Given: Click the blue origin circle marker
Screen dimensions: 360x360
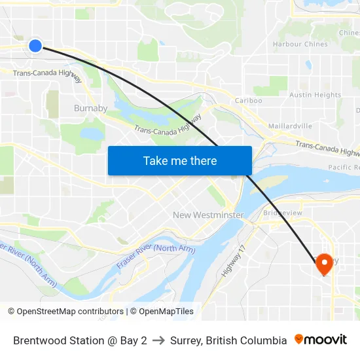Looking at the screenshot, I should point(35,45).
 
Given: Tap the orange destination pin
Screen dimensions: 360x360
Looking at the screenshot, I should point(324,264).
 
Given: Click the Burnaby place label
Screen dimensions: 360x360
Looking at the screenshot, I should point(90,108).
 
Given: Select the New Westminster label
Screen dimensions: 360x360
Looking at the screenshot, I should point(208,215).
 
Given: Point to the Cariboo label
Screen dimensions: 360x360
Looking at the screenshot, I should point(248,101).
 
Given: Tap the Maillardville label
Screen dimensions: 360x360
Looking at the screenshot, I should point(290,126).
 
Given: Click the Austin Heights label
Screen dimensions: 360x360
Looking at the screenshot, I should point(315,95).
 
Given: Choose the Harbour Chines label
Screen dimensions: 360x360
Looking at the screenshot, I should point(300,45).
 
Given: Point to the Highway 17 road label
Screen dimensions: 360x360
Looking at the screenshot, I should point(232,260).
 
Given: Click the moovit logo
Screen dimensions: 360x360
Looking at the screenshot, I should point(320,340).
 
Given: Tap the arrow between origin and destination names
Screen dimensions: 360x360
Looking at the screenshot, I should point(158,340).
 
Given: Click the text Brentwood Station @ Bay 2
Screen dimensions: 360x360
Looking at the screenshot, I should point(80,340).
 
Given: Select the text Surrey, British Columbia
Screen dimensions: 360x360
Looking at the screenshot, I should point(228,340).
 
